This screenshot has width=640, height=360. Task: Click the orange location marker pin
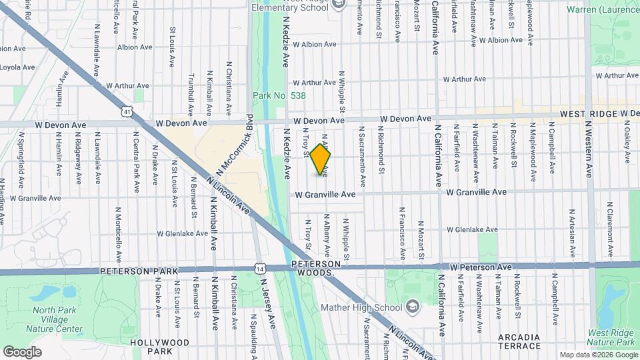pos(321,159)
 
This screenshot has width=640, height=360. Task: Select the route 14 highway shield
pos(259,268)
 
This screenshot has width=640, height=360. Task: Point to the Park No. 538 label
pos(279,96)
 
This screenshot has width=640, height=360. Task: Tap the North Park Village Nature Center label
pos(57,319)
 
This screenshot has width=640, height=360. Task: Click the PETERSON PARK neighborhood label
pos(139,271)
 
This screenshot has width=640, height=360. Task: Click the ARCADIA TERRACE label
pos(519,341)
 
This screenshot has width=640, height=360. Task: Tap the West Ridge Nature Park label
pos(613,337)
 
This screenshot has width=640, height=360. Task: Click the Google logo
pos(22,351)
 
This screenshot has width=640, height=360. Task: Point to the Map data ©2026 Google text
pos(597,355)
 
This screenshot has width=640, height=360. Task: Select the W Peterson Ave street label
pos(481,267)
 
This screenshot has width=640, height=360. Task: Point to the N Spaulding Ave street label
pos(255,340)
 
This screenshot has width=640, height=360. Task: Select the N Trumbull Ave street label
pos(190,93)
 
